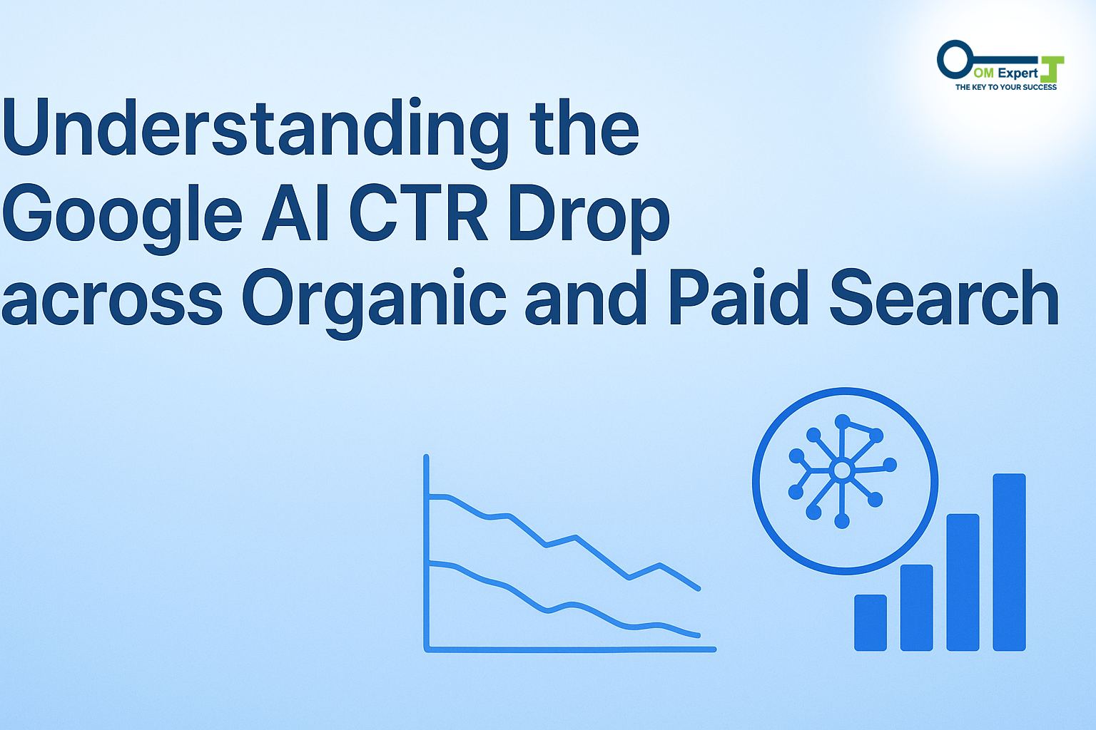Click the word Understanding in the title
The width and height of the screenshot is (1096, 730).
point(255,133)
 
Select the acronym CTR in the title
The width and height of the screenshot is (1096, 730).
point(418,212)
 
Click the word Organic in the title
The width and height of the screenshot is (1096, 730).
point(374,303)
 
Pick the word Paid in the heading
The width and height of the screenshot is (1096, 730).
point(739,297)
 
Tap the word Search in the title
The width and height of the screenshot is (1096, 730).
point(944,297)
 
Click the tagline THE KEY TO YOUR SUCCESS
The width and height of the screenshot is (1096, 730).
point(1006,87)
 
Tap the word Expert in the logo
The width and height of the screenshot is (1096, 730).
point(1018,73)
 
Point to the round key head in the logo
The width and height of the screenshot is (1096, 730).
point(955,59)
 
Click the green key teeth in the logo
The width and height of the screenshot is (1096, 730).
point(1052,69)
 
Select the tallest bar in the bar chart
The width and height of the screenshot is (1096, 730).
point(1009,562)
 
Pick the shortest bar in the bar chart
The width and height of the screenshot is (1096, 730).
point(871,622)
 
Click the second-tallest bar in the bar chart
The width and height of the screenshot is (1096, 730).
point(963,582)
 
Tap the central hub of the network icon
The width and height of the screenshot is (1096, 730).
point(841,471)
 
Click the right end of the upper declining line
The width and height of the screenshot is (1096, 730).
point(699,589)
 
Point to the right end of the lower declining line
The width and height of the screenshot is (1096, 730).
point(699,636)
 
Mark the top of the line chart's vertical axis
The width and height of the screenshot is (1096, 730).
point(426,457)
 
